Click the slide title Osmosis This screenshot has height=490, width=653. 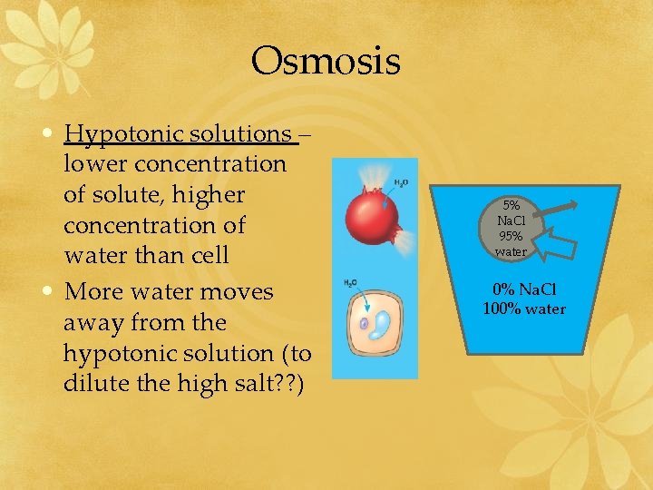coord(326,62)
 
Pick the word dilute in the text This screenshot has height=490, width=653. coord(95,383)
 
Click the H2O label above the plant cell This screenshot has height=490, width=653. coord(350,283)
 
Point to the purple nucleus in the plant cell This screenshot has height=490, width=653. coord(365,322)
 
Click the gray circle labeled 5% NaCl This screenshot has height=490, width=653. coord(512,227)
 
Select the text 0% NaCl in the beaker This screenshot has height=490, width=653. coord(524,291)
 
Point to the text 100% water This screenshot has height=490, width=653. coord(524,309)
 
